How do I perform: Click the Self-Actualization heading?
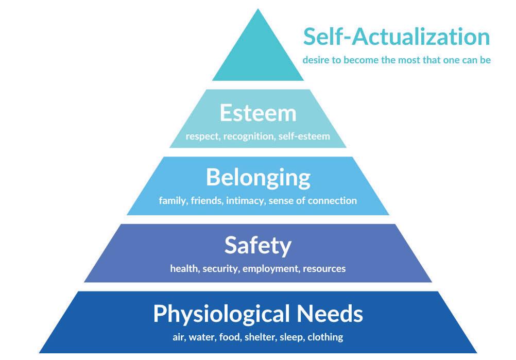[x=397, y=38]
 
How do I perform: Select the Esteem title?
[x=258, y=113]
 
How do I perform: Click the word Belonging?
[x=258, y=178]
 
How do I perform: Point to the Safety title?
[x=258, y=246]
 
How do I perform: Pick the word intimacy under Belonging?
[x=245, y=201]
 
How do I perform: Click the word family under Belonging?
[x=172, y=201]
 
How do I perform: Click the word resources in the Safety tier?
[x=324, y=269]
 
